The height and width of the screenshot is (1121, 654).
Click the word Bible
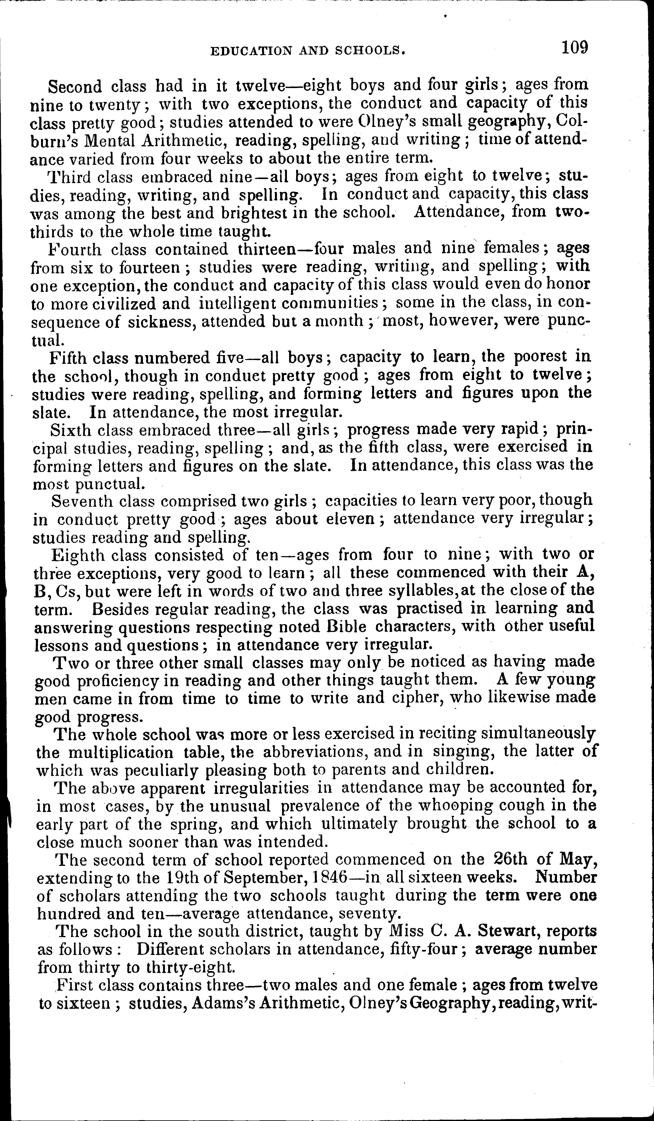346,626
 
